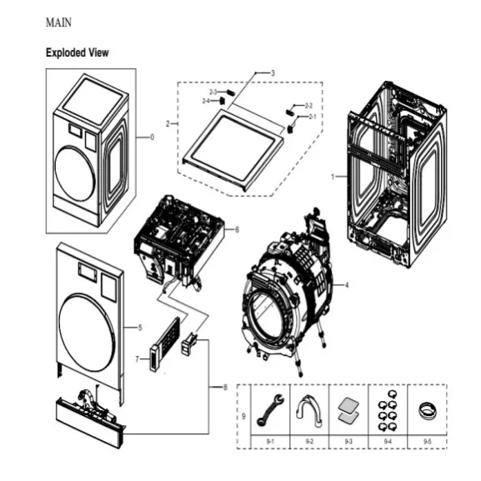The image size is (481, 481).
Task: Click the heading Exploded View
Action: (x=77, y=53)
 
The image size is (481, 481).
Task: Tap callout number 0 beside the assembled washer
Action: (x=152, y=137)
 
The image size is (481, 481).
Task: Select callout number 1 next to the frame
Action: (x=333, y=177)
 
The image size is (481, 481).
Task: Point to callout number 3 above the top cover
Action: (x=273, y=74)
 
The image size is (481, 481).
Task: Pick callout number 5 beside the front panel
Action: (x=140, y=328)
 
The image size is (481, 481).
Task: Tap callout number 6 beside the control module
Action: (x=237, y=228)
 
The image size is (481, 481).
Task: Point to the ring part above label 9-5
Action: (x=427, y=409)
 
